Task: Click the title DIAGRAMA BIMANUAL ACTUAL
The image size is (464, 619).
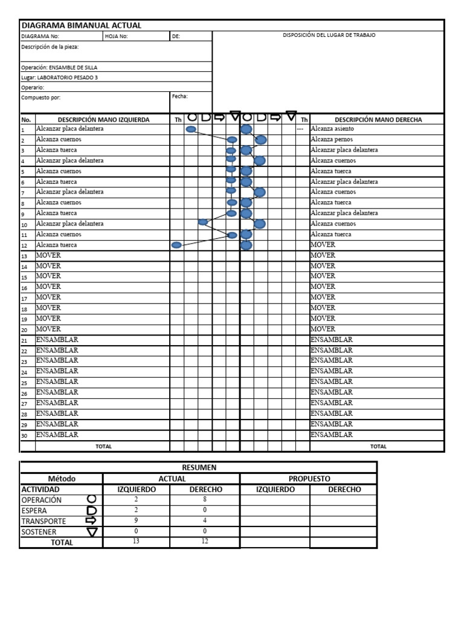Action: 82,25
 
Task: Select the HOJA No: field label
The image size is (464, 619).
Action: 116,36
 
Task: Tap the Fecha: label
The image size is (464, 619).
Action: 180,96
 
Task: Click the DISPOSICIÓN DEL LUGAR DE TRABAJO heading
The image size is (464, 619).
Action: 329,35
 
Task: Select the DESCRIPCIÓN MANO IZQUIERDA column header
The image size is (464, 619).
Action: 103,120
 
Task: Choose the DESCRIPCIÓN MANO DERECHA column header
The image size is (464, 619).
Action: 378,120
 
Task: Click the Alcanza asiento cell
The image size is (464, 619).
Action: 332,129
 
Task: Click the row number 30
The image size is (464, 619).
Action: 25,435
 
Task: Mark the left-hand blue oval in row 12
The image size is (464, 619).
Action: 176,245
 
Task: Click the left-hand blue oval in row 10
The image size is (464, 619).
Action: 203,222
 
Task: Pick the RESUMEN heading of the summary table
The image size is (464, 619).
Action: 198,467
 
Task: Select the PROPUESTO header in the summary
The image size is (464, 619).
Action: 309,478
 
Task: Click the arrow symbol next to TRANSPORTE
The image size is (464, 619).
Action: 92,520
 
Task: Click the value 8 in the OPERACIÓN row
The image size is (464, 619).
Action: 205,499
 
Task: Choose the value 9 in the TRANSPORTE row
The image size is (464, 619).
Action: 137,520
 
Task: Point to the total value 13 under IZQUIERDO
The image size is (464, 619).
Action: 137,542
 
